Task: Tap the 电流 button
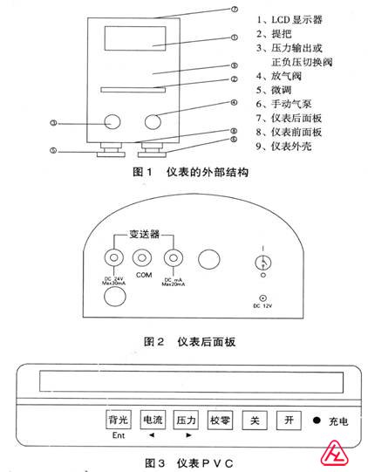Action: tap(152, 421)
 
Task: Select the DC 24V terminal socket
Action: tap(112, 258)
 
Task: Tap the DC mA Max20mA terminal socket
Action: tap(174, 258)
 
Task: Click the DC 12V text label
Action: tap(260, 305)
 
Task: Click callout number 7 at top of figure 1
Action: tap(235, 10)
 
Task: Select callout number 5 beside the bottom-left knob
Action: tap(52, 151)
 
